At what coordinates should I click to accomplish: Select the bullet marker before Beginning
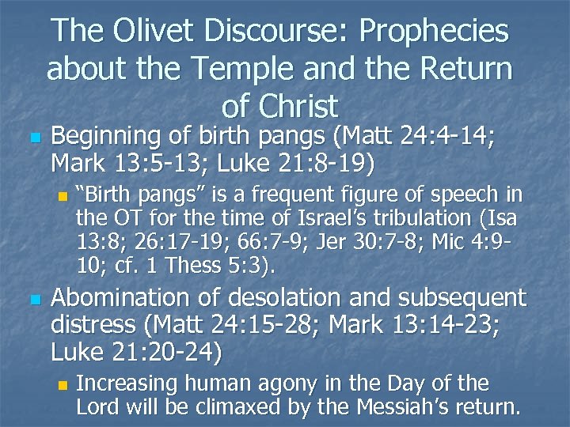pos(32,139)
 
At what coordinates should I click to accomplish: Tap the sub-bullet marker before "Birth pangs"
pos(63,195)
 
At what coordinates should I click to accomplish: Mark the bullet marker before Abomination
pos(32,299)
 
